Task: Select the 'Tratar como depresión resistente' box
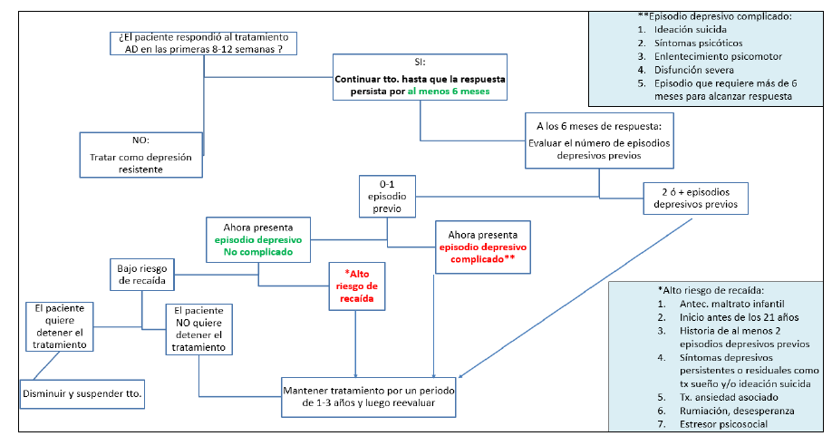pos(140,155)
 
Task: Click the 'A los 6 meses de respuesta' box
pos(599,141)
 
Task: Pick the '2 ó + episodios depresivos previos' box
pos(696,199)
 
